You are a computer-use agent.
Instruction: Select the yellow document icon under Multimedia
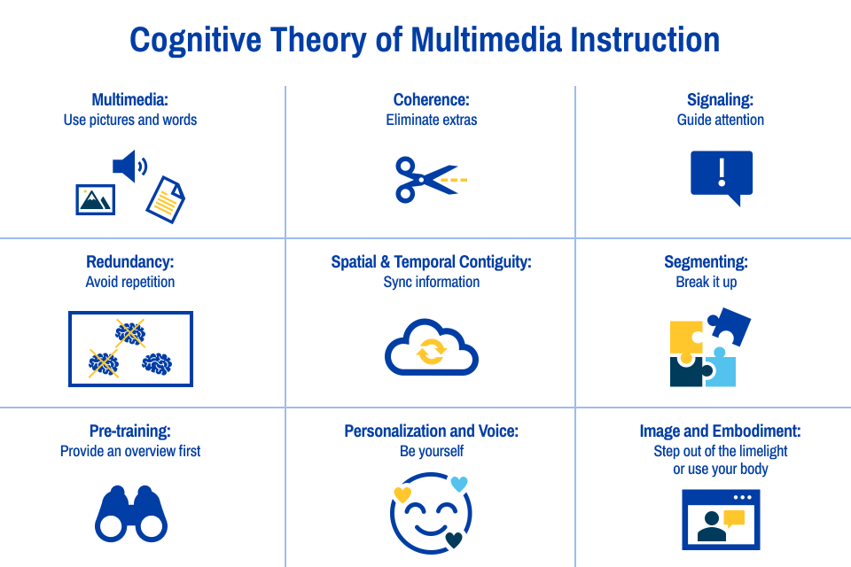[x=165, y=198]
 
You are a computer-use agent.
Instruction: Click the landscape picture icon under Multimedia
[x=95, y=200]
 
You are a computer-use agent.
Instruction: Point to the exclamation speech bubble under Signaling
[x=722, y=175]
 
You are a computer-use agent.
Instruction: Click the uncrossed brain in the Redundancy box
[x=157, y=362]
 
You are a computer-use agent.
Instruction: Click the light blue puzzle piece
[x=720, y=369]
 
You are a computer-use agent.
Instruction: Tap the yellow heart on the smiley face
[x=402, y=494]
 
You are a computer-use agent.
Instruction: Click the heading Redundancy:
[x=130, y=262]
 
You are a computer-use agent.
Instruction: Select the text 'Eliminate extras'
[x=432, y=120]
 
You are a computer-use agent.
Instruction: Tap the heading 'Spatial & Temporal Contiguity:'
[x=431, y=262]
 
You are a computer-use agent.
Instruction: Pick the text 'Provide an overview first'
[x=130, y=451]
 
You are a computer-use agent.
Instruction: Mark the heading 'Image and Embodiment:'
[x=720, y=431]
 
